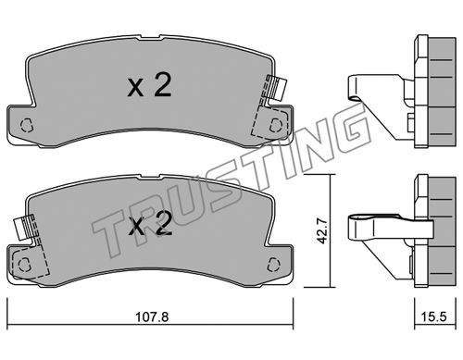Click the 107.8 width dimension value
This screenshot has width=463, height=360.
click(x=152, y=317)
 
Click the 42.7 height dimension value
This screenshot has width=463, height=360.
click(x=321, y=231)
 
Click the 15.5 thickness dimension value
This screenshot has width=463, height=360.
click(x=433, y=317)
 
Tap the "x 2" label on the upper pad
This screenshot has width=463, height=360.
click(x=149, y=86)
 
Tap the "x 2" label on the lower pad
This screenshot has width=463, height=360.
click(x=150, y=224)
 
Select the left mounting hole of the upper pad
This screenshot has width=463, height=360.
click(x=26, y=125)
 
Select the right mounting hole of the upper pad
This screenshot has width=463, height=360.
click(x=276, y=125)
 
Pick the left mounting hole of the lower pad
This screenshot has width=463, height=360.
click(x=24, y=265)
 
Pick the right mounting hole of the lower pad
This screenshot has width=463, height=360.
click(x=273, y=265)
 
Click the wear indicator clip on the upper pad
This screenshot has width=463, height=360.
click(x=276, y=88)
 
